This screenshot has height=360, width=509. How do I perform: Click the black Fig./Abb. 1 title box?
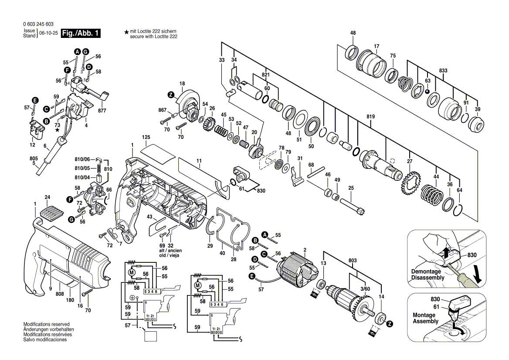coord(81,34)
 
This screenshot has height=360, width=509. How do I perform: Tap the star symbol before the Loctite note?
coord(126,32)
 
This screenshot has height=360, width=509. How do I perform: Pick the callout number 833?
coord(443,70)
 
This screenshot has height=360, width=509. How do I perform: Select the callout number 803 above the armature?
coord(353,260)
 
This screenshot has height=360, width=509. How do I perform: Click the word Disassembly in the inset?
coord(428,278)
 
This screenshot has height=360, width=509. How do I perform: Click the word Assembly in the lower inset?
coord(426,321)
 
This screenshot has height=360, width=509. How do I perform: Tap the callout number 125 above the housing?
coord(146,137)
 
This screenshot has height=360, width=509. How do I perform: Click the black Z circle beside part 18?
coord(171,95)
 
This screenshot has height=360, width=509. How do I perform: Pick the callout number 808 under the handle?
coord(60,294)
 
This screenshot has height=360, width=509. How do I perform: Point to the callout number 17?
coord(377,46)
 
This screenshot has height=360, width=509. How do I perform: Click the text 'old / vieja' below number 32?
coord(170,255)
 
